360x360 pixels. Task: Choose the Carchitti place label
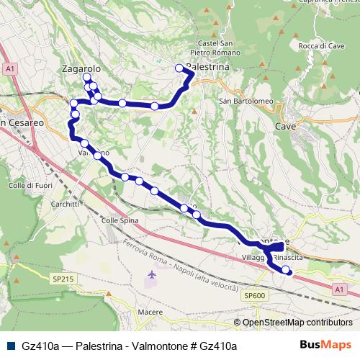click(x=65, y=204)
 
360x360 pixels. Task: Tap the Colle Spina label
click(x=119, y=220)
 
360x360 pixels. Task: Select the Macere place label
click(x=150, y=312)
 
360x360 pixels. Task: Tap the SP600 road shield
click(x=255, y=295)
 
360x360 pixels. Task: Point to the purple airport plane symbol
click(x=152, y=275)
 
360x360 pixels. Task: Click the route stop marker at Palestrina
click(x=180, y=68)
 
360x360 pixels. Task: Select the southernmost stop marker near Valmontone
click(x=287, y=270)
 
